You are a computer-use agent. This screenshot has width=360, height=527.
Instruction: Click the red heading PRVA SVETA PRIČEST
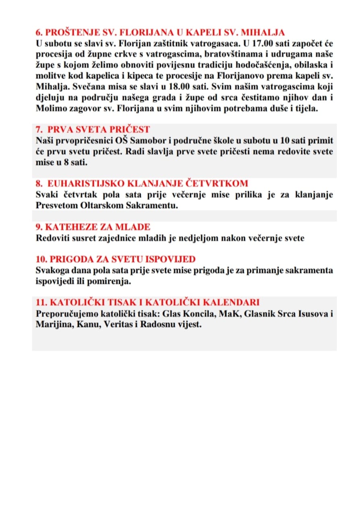pyautogui.click(x=99, y=129)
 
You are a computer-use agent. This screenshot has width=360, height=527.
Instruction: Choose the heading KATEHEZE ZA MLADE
pyautogui.click(x=93, y=227)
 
